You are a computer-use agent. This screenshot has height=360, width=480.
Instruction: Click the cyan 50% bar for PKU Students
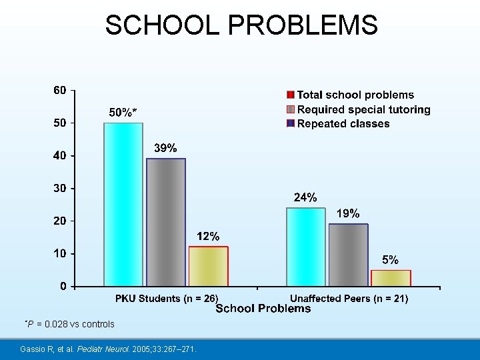pyautogui.click(x=123, y=205)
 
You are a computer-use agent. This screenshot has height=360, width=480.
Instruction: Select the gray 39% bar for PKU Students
pyautogui.click(x=166, y=222)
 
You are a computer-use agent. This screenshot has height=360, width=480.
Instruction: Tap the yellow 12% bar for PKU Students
pyautogui.click(x=208, y=267)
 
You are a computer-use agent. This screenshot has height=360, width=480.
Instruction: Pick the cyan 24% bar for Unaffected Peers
pyautogui.click(x=306, y=247)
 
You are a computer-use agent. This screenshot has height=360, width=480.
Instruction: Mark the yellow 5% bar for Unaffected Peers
pyautogui.click(x=391, y=278)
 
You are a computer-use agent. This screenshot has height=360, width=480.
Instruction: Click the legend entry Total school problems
pyautogui.click(x=355, y=95)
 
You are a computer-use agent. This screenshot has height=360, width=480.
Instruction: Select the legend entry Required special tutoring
pyautogui.click(x=363, y=109)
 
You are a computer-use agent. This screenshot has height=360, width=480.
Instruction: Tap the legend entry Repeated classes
pyautogui.click(x=343, y=123)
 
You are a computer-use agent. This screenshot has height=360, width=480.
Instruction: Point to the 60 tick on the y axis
pyautogui.click(x=60, y=90)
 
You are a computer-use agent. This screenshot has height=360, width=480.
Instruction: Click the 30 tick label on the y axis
pyautogui.click(x=60, y=188)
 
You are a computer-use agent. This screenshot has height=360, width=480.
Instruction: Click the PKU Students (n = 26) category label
pyautogui.click(x=167, y=299)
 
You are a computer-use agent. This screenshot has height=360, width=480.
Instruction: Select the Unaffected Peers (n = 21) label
pyautogui.click(x=349, y=299)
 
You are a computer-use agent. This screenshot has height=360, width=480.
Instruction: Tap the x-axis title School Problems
pyautogui.click(x=263, y=309)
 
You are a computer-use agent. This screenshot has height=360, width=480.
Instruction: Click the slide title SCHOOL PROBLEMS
pyautogui.click(x=241, y=25)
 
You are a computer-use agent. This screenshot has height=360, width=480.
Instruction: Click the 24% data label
pyautogui.click(x=306, y=197)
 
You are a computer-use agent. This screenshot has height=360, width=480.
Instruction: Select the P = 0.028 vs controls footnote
pyautogui.click(x=69, y=324)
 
